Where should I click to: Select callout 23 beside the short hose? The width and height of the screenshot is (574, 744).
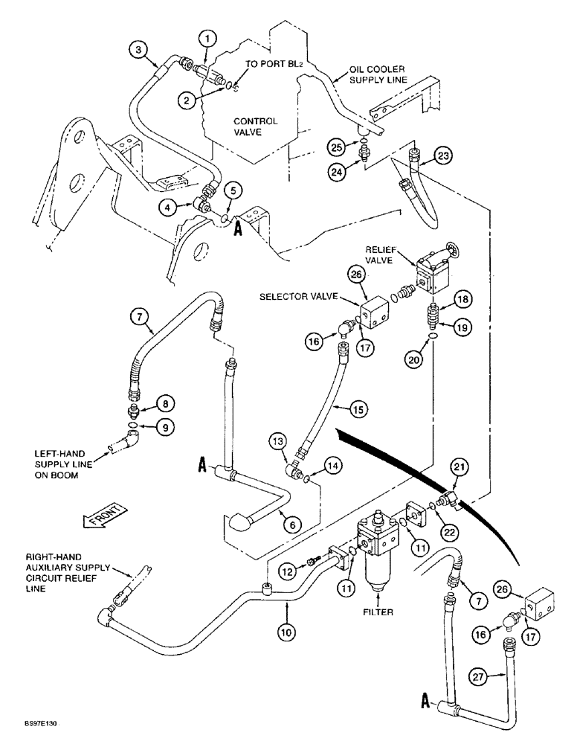pos(444,156)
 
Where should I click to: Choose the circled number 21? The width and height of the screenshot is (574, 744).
pos(461,466)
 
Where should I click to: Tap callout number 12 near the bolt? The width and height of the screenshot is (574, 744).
pos(286,571)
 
